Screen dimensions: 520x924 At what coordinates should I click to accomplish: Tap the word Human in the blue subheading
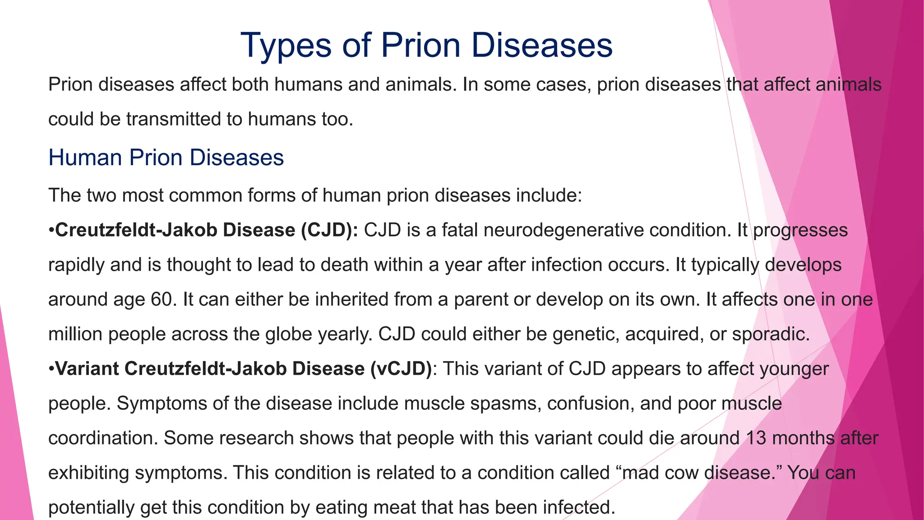coord(85,158)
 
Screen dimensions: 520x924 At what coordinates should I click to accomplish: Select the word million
coord(75,334)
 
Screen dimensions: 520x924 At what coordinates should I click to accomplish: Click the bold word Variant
coord(87,369)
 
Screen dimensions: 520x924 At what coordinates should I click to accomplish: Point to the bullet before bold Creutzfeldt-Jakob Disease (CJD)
coord(51,231)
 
